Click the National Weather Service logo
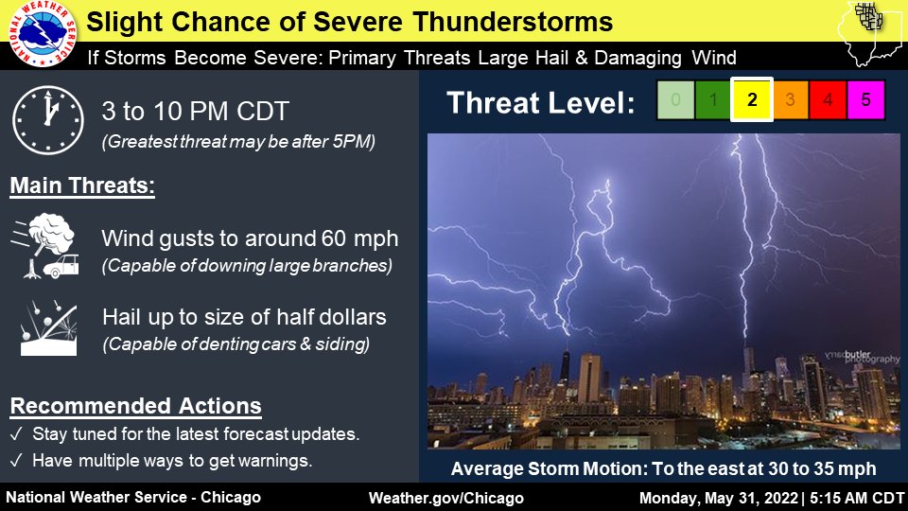42,34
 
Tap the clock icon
48,120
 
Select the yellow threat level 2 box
752,99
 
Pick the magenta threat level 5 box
865,99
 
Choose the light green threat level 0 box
675,99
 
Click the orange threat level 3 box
790,99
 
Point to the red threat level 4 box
829,99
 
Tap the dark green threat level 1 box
713,99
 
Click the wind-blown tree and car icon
45,246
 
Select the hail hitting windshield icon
48,328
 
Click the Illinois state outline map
870,33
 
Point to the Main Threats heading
82,186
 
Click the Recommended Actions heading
135,406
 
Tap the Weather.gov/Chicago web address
445,499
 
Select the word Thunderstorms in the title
513,22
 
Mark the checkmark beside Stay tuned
16,434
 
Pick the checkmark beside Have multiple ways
16,461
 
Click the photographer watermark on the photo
863,357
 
